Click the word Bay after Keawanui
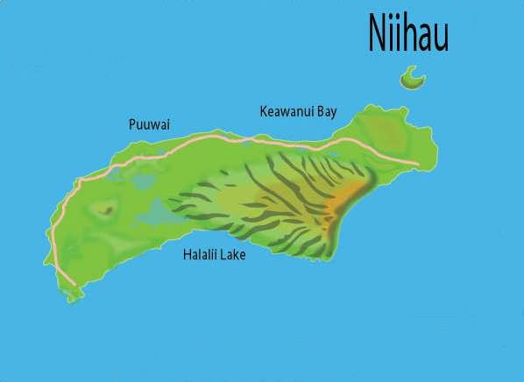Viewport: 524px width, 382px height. click(x=326, y=112)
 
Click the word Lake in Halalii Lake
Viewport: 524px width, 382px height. click(x=234, y=255)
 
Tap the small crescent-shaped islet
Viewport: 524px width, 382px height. click(x=412, y=80)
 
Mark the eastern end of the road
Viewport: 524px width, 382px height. click(x=418, y=164)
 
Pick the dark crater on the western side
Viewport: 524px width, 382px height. click(x=106, y=209)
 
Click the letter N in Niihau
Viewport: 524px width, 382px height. click(x=376, y=35)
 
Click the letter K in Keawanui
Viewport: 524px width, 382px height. click(x=264, y=111)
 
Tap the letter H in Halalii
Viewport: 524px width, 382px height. click(x=186, y=255)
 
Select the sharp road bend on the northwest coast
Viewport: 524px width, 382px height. click(x=79, y=182)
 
